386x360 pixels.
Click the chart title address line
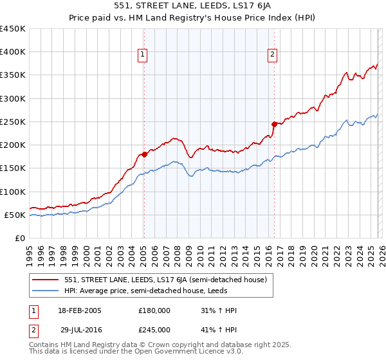pos(192,6)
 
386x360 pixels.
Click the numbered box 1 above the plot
pos(142,55)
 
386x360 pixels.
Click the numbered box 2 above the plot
pos(273,55)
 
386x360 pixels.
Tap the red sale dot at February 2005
pos(144,154)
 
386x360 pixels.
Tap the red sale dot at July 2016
pos(275,124)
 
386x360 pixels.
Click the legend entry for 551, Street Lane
pos(161,280)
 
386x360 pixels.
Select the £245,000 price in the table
pos(154,329)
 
